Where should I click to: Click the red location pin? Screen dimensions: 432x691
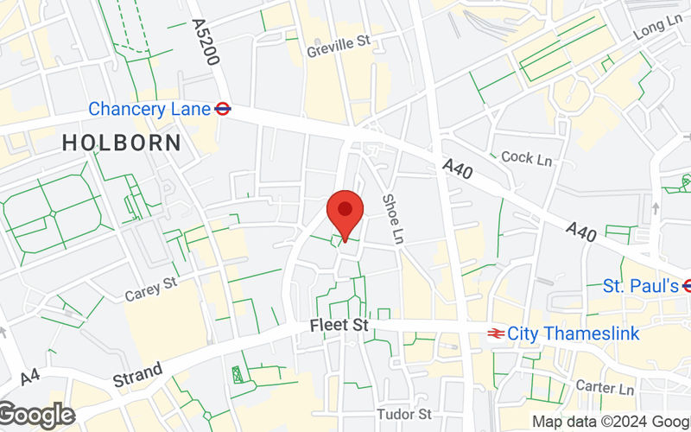pos(345,212)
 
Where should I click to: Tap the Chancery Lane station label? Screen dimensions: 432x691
pos(149,109)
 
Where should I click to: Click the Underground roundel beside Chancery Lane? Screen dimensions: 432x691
pos(222,109)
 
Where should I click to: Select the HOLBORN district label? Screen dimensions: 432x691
pos(122,143)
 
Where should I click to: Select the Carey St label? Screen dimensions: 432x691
pos(150,288)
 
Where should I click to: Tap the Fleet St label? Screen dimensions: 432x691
pos(339,327)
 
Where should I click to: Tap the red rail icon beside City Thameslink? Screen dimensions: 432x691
pos(496,333)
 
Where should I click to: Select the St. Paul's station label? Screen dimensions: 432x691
pos(640,286)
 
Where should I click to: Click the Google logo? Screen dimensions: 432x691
pos(36,416)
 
